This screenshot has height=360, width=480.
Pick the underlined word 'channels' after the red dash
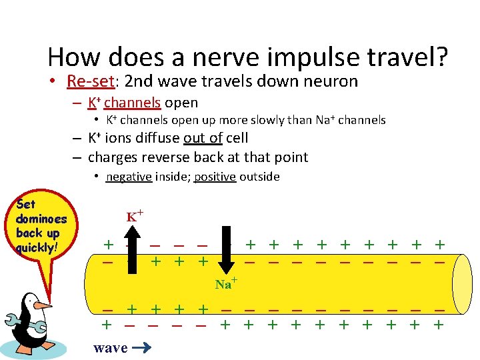pyautogui.click(x=132, y=103)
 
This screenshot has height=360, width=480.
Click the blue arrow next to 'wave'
pyautogui.click(x=142, y=347)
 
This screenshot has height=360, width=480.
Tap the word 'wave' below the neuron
pyautogui.click(x=111, y=347)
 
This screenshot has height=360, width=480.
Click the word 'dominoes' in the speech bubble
pyautogui.click(x=41, y=219)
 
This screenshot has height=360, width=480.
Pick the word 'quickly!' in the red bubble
pyautogui.click(x=38, y=246)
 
